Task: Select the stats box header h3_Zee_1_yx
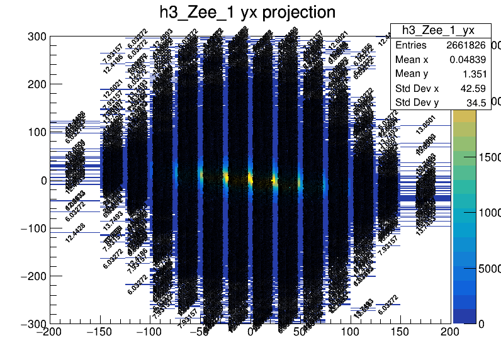[437, 30]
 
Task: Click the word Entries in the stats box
[411, 45]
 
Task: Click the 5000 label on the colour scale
[488, 269]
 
